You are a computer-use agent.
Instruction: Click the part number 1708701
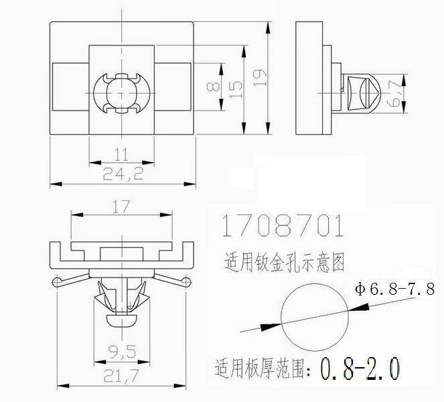tap(281, 226)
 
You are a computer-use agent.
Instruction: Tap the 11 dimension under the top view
tap(121, 154)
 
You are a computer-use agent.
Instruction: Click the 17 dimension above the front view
tap(120, 207)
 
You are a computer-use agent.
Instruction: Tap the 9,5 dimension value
tap(121, 351)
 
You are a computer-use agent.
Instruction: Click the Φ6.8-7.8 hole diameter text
tap(395, 289)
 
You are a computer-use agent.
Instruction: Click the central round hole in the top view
tap(121, 92)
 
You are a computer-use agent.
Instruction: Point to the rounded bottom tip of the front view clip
tap(121, 319)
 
